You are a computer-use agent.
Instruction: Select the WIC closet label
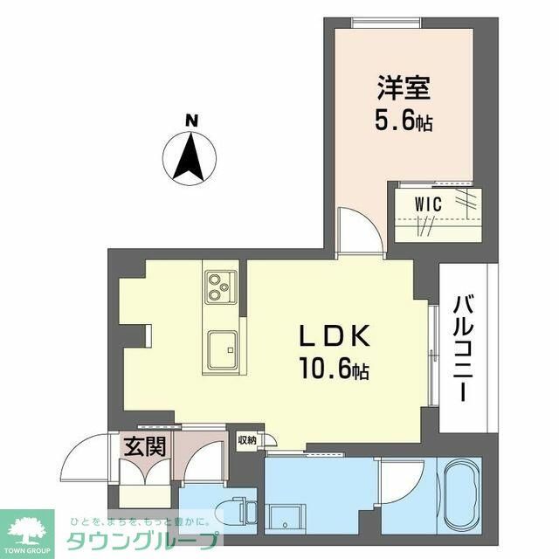pyautogui.click(x=428, y=204)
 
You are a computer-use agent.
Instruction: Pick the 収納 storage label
pyautogui.click(x=247, y=440)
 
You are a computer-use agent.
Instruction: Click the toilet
pyautogui.click(x=234, y=511)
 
